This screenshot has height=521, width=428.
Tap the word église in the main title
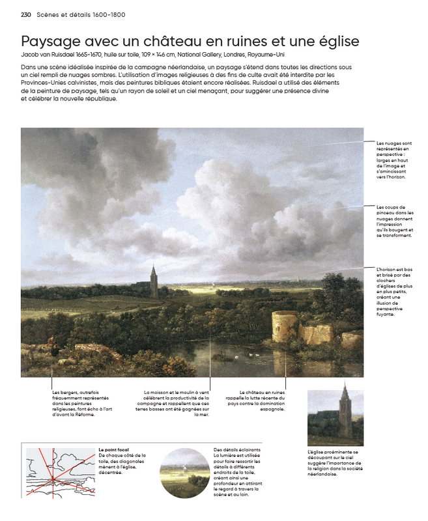(333, 42)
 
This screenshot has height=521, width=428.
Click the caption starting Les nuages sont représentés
(393, 159)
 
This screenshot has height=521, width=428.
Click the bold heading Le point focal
(114, 449)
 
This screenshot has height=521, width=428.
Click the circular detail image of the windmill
(184, 472)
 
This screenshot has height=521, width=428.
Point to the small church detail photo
(335, 417)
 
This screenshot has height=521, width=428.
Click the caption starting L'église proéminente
(335, 462)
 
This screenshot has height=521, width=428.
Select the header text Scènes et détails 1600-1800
(81, 14)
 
